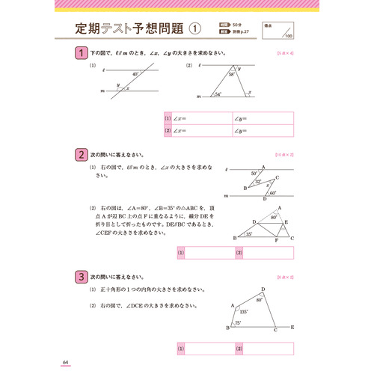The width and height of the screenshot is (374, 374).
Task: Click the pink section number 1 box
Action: pos(81,53)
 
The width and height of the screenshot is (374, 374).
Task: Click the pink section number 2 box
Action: pos(81,155)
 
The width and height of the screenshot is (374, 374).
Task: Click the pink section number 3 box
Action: pos(81,277)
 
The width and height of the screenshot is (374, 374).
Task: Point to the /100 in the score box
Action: pos(288,35)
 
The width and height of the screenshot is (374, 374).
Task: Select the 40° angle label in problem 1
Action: pos(135,74)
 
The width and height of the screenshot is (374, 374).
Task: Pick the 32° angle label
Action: pos(258,182)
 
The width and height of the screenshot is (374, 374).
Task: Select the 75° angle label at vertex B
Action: pos(237,322)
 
